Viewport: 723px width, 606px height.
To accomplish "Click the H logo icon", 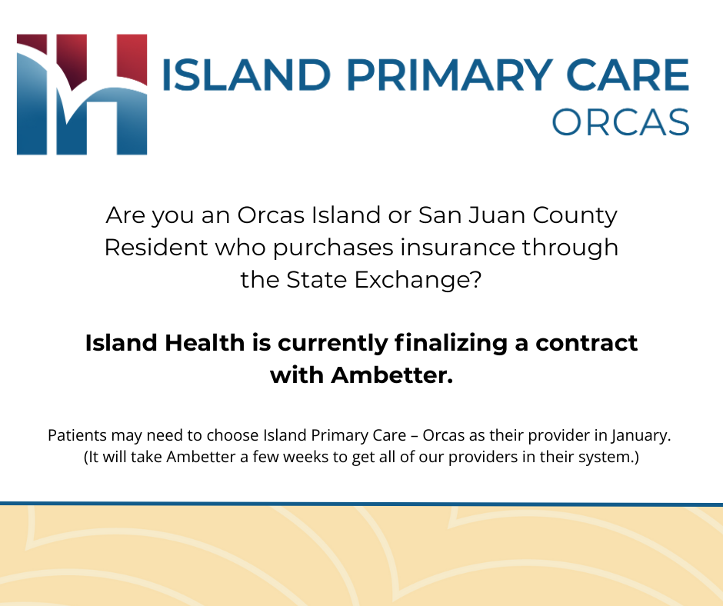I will click(x=82, y=93).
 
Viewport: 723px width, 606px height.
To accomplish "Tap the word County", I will click(x=578, y=215).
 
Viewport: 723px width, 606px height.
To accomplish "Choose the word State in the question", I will click(x=317, y=280).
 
